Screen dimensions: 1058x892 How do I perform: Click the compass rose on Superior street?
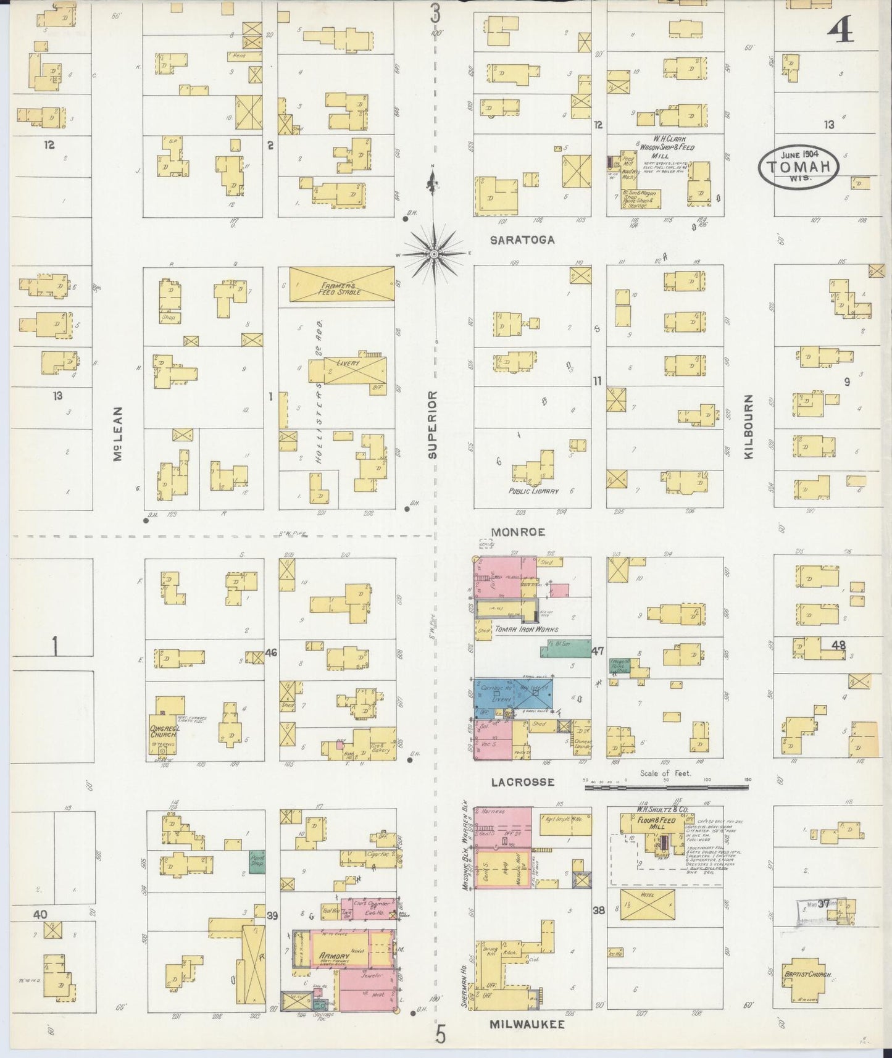coord(435,254)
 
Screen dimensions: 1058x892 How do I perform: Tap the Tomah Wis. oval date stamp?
coord(799,165)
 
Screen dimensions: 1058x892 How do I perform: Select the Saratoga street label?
coord(522,240)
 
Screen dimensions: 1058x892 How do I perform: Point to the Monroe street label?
coord(518,531)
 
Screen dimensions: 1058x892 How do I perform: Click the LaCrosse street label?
coord(523,782)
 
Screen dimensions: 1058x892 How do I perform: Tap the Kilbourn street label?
coord(749,427)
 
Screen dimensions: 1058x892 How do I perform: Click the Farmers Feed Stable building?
coord(341,285)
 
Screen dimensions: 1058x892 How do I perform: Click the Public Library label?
coord(533,491)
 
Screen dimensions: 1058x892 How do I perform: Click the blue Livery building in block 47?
coord(512,693)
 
